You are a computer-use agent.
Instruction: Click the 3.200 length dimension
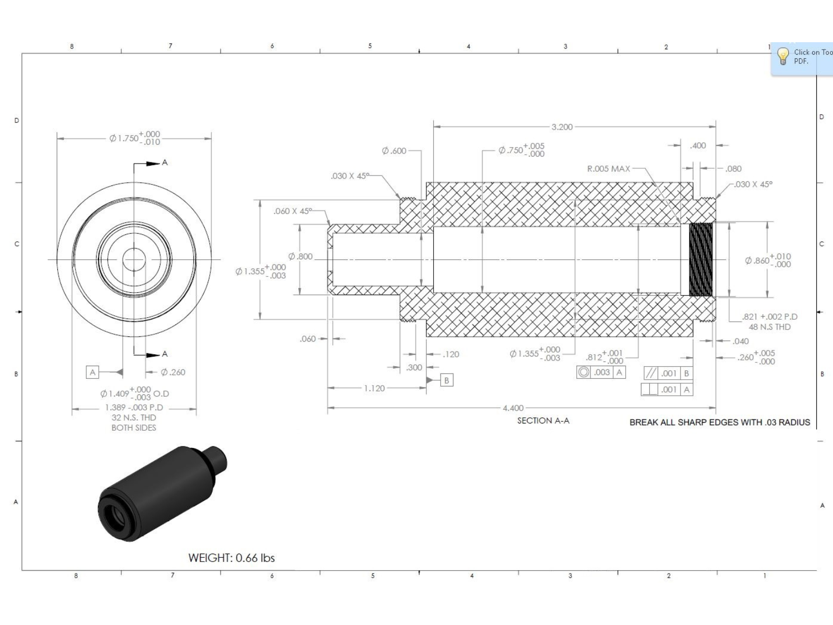pos(562,127)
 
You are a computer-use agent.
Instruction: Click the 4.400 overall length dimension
pos(513,408)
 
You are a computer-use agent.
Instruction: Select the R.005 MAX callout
pos(608,169)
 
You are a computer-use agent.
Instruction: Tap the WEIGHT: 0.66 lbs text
pos(231,558)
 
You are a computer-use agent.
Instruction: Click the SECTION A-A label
pos(543,421)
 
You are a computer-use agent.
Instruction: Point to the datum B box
pos(446,380)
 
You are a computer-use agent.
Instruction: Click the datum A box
pos(93,372)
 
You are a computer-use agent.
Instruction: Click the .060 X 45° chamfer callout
pos(293,211)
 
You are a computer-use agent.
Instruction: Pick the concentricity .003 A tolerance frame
pos(601,372)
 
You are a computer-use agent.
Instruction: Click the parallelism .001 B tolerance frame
pos(668,373)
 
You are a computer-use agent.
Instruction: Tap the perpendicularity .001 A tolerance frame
pos(667,390)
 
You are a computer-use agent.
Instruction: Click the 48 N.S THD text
pos(769,327)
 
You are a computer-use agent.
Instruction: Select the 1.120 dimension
pos(374,389)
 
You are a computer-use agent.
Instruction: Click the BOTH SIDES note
pos(134,428)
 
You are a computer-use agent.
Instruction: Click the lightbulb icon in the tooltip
pos(782,56)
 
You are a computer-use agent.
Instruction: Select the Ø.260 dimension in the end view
pos(172,372)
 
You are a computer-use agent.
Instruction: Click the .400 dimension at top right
pos(698,145)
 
